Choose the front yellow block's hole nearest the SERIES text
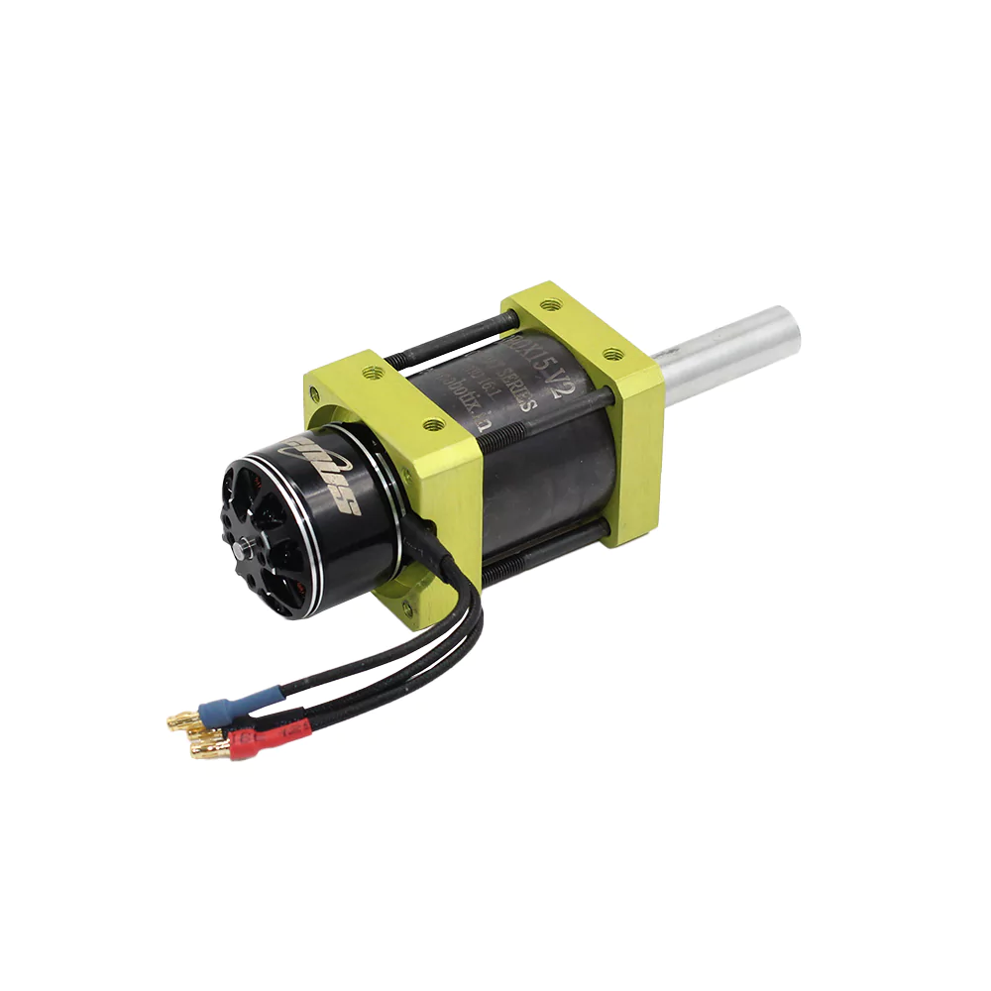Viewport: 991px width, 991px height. [433, 424]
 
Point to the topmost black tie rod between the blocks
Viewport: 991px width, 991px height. [456, 333]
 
